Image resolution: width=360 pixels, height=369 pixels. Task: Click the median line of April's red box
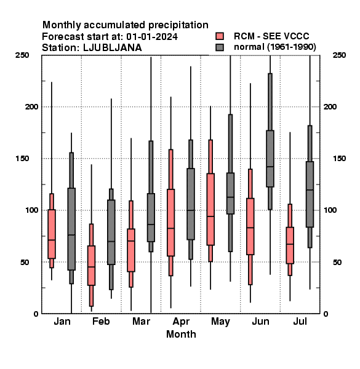[x=170, y=228]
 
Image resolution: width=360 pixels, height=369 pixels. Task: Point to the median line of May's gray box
[x=230, y=197]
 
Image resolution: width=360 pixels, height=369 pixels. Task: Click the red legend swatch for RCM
[x=220, y=36]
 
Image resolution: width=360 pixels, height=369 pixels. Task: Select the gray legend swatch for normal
[x=220, y=47]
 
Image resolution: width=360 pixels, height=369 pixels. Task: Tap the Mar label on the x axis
[x=141, y=321]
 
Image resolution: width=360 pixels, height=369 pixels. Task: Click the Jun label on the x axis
[x=260, y=321]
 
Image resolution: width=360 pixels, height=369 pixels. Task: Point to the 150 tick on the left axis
[x=22, y=159]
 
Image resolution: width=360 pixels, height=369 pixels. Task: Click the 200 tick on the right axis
[x=330, y=107]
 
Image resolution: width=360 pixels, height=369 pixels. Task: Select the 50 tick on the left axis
[x=25, y=262]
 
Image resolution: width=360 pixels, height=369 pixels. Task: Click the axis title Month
[x=181, y=334]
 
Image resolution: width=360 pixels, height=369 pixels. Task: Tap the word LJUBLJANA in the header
[x=113, y=48]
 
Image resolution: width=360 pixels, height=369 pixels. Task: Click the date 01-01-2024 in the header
[x=152, y=37]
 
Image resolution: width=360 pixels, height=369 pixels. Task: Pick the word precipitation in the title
[x=178, y=25]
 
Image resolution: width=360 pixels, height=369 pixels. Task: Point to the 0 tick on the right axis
[x=326, y=314]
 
